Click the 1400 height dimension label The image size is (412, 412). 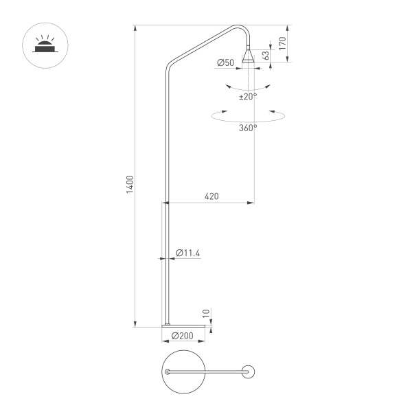point(130,184)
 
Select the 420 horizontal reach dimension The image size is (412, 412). point(211,196)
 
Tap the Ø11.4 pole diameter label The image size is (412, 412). point(187,253)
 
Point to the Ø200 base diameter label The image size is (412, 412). point(181,336)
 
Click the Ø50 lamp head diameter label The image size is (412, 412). point(225,63)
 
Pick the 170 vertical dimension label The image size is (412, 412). point(282,43)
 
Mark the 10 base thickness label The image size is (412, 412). point(205,314)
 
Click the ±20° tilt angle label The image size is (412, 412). point(247,97)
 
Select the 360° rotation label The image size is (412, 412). point(248,128)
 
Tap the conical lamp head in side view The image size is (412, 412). point(248,55)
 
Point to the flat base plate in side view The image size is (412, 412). point(183,325)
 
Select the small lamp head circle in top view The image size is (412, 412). point(249,371)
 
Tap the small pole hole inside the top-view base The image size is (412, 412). point(166,371)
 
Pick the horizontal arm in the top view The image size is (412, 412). point(206,371)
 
